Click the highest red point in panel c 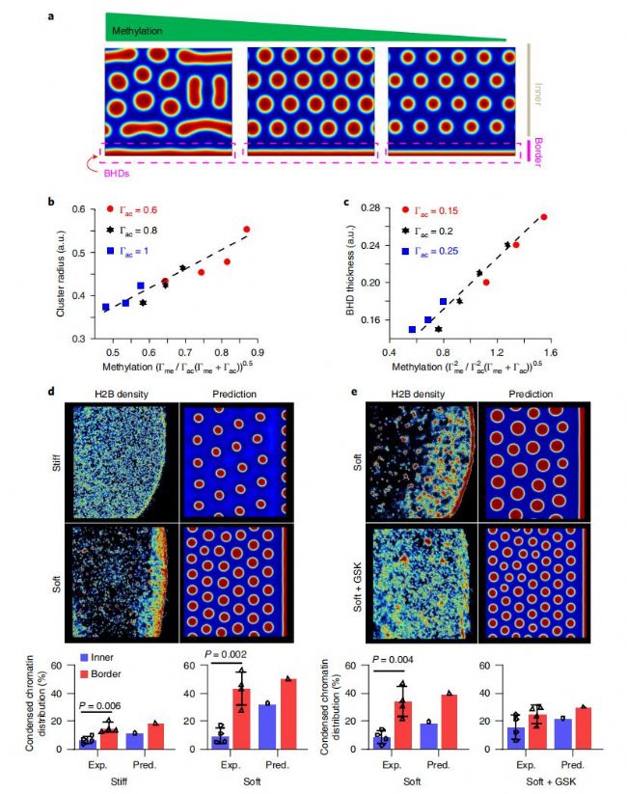point(543,217)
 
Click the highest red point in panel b point(247,230)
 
